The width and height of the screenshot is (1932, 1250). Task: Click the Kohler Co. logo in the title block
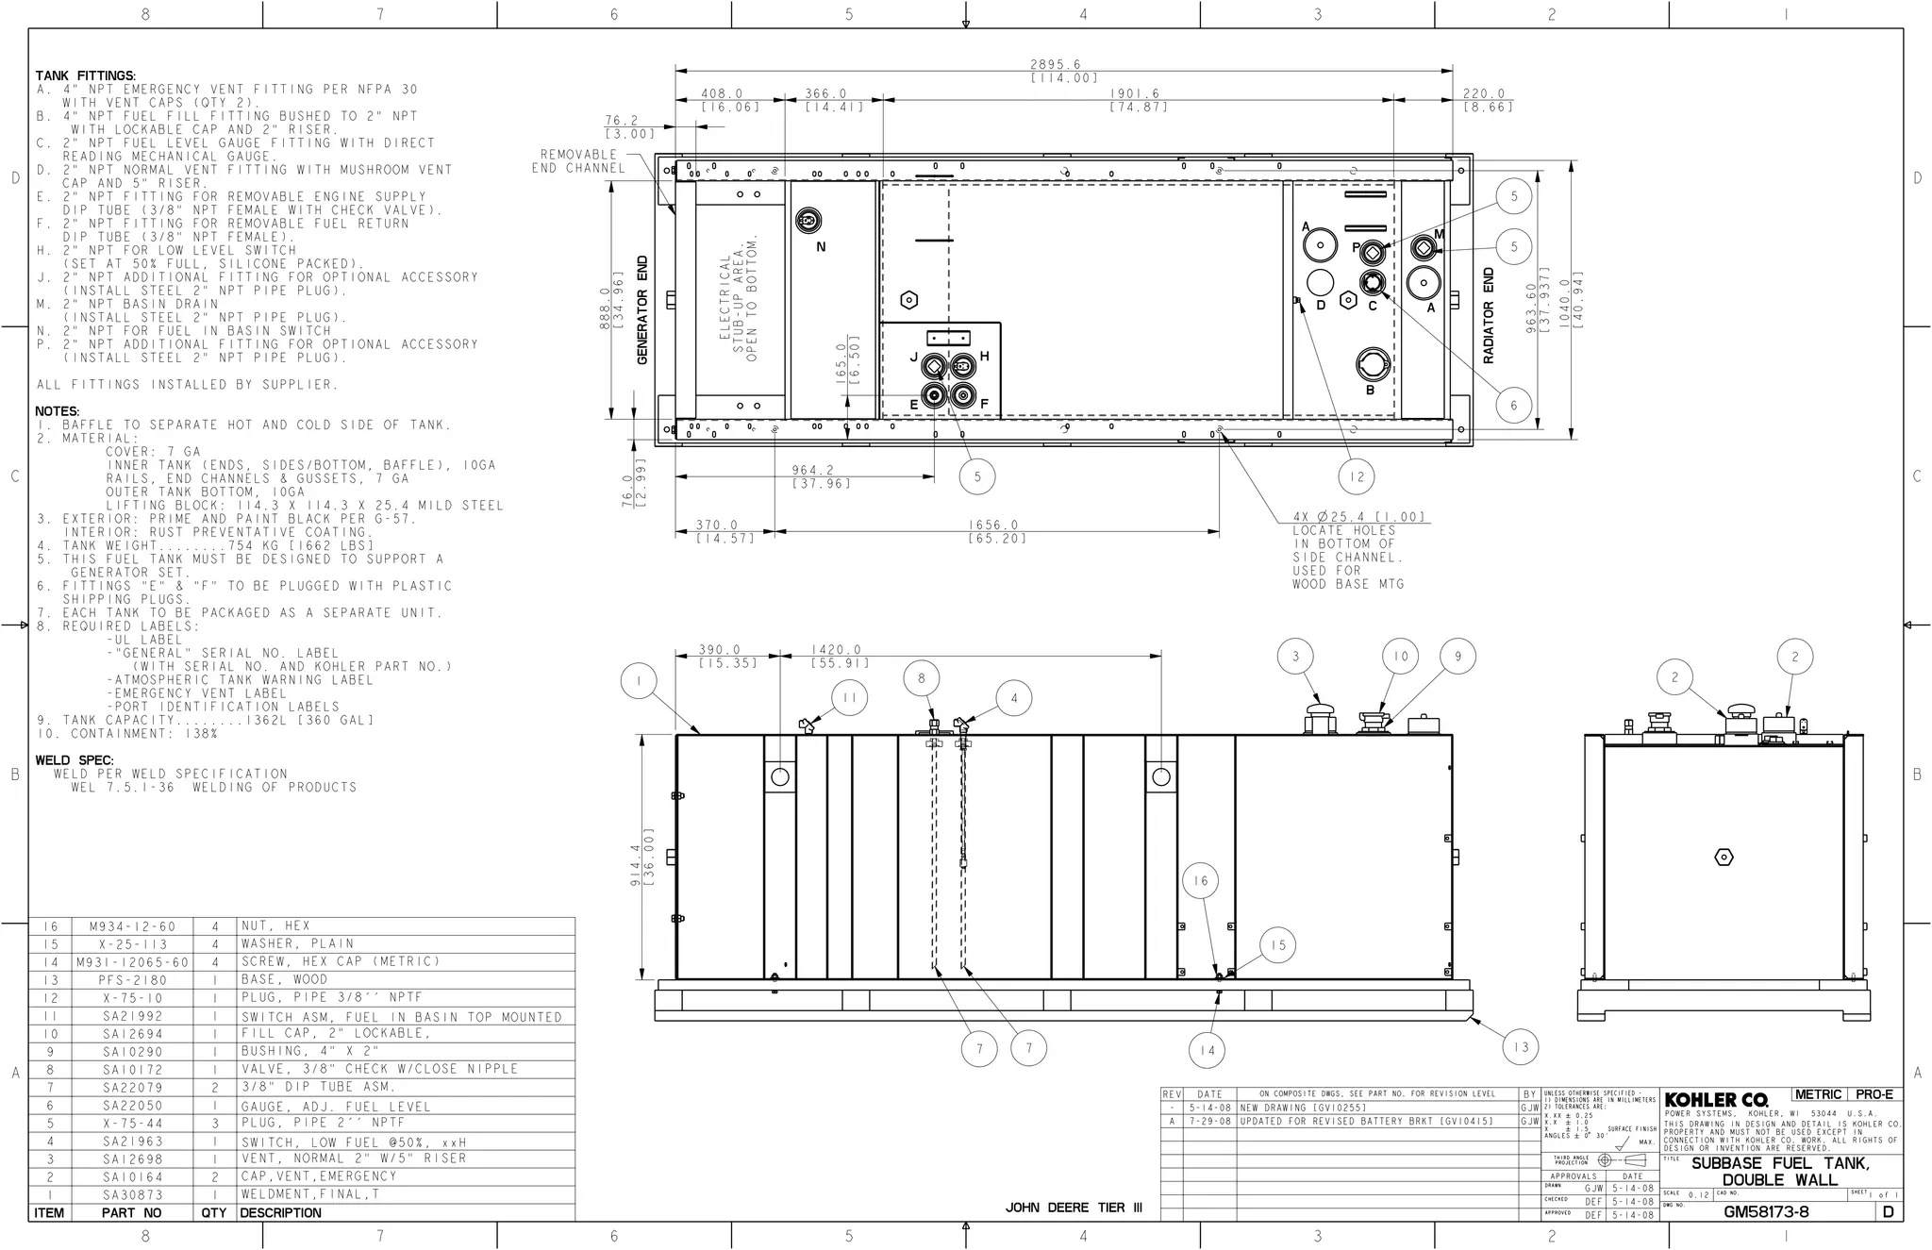(x=1716, y=1100)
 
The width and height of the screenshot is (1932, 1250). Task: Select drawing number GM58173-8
(x=1766, y=1212)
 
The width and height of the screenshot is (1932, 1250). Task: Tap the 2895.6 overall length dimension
(x=1063, y=64)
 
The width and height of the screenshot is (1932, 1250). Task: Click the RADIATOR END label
(x=1489, y=315)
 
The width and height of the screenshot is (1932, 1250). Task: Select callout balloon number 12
(x=1357, y=476)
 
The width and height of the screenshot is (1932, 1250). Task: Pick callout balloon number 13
(x=1521, y=1046)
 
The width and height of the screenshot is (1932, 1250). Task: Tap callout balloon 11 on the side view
(x=850, y=698)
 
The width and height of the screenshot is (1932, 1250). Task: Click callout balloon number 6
(x=1514, y=406)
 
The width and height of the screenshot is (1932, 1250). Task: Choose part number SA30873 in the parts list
(x=132, y=1194)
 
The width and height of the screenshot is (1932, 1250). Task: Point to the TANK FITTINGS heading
(x=86, y=75)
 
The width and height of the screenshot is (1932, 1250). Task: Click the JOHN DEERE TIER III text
(x=1074, y=1208)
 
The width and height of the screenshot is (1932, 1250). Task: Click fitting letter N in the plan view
(x=821, y=247)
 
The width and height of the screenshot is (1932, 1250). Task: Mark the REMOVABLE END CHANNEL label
(x=578, y=161)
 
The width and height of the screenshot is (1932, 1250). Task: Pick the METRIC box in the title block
(x=1818, y=1094)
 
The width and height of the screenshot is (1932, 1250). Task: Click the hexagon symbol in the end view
(x=1724, y=857)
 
